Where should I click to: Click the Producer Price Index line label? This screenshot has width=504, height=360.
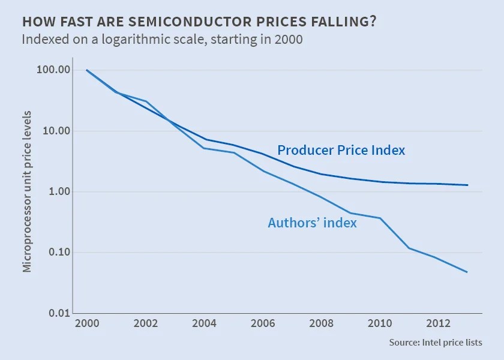click(341, 151)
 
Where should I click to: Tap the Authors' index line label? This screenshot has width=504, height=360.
click(312, 223)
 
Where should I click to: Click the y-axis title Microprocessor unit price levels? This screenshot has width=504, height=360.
click(27, 191)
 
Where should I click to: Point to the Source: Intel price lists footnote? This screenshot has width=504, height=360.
click(436, 343)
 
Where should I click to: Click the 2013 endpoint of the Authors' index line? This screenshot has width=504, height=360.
click(467, 272)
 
